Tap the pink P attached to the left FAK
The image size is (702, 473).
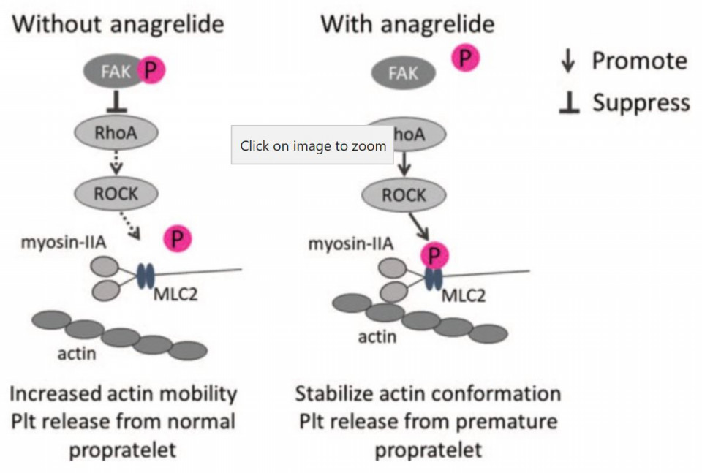pyautogui.click(x=152, y=71)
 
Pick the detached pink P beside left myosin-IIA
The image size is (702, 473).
pyautogui.click(x=177, y=239)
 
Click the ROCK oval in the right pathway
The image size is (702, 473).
pyautogui.click(x=404, y=195)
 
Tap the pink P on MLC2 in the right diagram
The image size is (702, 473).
pyautogui.click(x=434, y=255)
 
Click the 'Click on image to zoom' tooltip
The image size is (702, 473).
pyautogui.click(x=312, y=145)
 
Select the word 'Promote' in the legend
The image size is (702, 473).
pyautogui.click(x=639, y=61)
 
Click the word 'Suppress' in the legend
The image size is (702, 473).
pyautogui.click(x=641, y=103)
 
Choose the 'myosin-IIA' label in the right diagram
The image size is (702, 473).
pyautogui.click(x=350, y=243)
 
